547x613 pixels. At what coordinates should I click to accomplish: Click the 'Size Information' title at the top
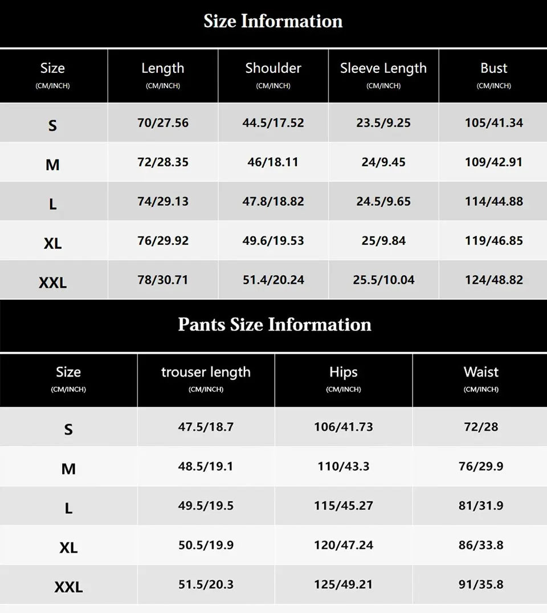click(x=273, y=22)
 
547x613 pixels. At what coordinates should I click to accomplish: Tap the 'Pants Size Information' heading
click(x=274, y=325)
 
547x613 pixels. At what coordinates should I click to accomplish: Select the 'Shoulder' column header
click(x=273, y=68)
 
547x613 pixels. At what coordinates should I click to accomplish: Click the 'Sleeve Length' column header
click(x=383, y=68)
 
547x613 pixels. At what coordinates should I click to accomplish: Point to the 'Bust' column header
click(x=493, y=68)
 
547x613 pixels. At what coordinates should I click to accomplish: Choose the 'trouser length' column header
click(x=206, y=373)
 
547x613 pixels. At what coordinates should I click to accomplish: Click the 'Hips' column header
click(x=343, y=373)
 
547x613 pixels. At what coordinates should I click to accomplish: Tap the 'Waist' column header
click(x=481, y=373)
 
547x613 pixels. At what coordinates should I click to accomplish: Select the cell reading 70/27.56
click(x=163, y=123)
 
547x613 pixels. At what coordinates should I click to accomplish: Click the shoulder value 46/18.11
click(x=273, y=162)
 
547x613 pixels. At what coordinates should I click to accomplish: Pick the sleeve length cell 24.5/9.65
click(x=383, y=202)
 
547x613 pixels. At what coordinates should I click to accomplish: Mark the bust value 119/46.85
click(x=493, y=241)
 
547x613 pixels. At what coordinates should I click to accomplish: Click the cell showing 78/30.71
click(x=163, y=280)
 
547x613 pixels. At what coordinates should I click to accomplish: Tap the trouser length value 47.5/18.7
click(x=206, y=427)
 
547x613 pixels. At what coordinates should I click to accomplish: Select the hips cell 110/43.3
click(x=343, y=467)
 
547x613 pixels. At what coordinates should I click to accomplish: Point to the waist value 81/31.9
click(x=481, y=506)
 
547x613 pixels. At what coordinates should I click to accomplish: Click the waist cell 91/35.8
click(x=481, y=585)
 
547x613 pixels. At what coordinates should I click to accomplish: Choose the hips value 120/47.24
click(x=343, y=545)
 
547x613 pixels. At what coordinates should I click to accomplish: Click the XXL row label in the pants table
click(x=68, y=587)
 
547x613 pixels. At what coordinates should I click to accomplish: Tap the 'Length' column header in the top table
click(x=163, y=68)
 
